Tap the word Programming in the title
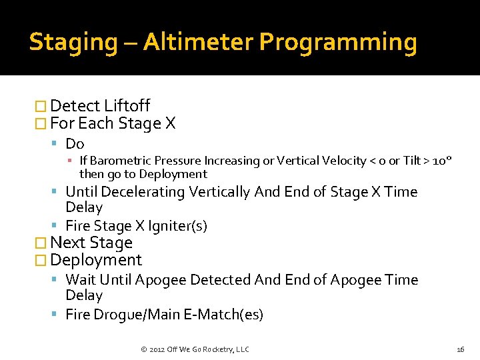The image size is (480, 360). pyautogui.click(x=338, y=42)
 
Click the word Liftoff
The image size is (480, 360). pyautogui.click(x=126, y=106)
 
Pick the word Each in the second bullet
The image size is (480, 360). pyautogui.click(x=96, y=123)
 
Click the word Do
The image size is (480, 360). pyautogui.click(x=75, y=144)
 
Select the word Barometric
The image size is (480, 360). pyautogui.click(x=121, y=161)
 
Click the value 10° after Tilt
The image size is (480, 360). pyautogui.click(x=442, y=161)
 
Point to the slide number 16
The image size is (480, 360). pyautogui.click(x=460, y=349)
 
